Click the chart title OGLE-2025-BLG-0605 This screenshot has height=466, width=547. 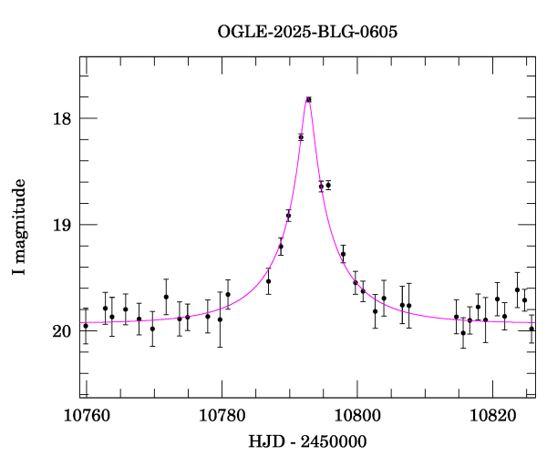click(x=307, y=32)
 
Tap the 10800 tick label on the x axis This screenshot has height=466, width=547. click(x=357, y=416)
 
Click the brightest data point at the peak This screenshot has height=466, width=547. click(x=309, y=99)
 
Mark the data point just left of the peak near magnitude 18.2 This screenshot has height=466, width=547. click(x=301, y=137)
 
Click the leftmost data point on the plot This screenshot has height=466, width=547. click(x=86, y=326)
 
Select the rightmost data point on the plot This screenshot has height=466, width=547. click(x=532, y=329)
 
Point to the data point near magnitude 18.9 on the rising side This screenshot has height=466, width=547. click(x=288, y=216)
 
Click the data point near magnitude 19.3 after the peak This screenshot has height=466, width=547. click(x=343, y=254)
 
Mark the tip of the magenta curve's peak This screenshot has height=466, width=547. click(x=309, y=97)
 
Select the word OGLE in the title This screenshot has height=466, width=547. click(x=239, y=32)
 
